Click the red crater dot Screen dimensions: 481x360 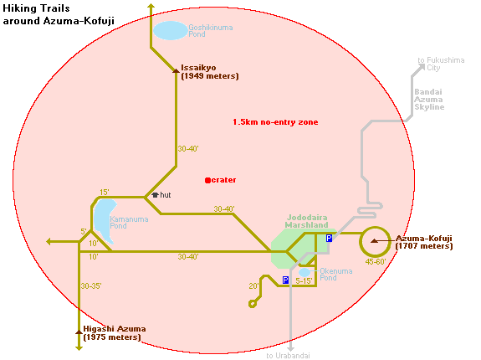coord(207,181)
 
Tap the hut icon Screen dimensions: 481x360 coord(156,195)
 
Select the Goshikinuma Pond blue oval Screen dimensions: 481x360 coord(171,31)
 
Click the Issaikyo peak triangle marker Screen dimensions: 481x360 coord(176,71)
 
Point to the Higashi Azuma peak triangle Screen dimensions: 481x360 coord(79,332)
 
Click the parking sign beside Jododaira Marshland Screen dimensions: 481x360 coord(329,238)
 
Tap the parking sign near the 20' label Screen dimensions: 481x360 coord(285,280)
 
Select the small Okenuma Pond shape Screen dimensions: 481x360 coord(304,273)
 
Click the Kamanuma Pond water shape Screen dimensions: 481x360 coord(105,220)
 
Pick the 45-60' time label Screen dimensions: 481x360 coord(376,262)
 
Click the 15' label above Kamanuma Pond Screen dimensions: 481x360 coord(105,192)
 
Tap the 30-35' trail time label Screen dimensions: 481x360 coord(91,286)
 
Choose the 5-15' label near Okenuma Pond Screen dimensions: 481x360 coord(304,280)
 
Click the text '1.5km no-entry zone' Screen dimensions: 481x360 coord(275,122)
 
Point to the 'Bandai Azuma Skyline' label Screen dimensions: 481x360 coord(429,100)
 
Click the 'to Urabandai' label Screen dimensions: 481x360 coord(288,356)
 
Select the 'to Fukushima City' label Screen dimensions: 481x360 coord(441,64)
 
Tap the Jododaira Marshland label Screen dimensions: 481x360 coord(306,221)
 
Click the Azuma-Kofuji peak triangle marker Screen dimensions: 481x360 coord(374,241)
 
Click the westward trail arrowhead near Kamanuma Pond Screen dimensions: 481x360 coord(49,242)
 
